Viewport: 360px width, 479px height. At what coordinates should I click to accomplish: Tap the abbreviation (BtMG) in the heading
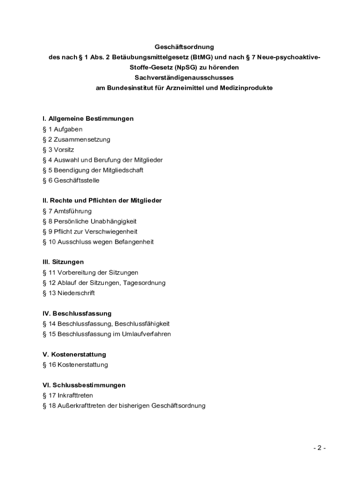(x=201, y=57)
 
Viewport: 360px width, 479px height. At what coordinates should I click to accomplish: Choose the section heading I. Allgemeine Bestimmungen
(x=88, y=119)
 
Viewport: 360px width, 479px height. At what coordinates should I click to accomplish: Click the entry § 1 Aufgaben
(x=62, y=129)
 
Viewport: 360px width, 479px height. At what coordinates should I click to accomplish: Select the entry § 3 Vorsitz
(x=58, y=150)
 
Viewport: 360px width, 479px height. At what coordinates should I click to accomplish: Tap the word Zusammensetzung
(x=82, y=139)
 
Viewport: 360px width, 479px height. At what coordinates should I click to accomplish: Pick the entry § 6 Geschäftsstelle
(x=71, y=181)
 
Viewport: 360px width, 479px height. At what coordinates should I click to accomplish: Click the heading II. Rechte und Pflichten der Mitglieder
(x=102, y=201)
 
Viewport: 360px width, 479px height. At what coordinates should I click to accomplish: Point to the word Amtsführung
(x=72, y=211)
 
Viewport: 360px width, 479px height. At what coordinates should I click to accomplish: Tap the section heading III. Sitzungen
(x=63, y=262)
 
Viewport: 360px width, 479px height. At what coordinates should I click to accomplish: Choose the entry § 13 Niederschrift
(x=68, y=293)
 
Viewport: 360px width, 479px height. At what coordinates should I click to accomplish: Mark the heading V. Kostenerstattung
(x=74, y=355)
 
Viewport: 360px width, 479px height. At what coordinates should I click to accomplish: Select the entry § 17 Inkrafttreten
(x=68, y=395)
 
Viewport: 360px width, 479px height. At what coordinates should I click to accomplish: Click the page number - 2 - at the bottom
(x=319, y=448)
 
